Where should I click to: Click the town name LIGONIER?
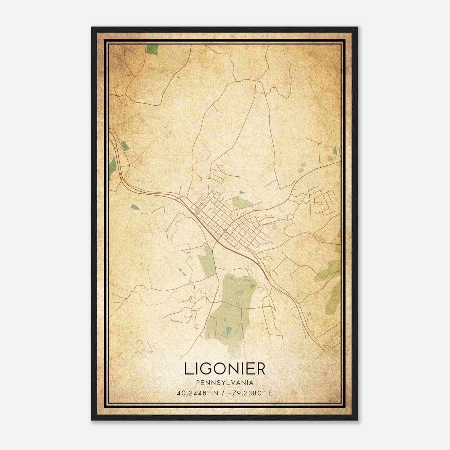tap(225, 369)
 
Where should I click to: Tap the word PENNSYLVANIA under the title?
tap(225, 383)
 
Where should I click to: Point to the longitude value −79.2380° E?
tap(249, 393)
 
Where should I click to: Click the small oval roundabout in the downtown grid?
tap(225, 231)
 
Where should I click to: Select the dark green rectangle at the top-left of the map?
tap(152, 49)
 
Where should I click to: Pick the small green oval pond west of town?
tap(135, 208)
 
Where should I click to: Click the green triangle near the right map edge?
tap(335, 150)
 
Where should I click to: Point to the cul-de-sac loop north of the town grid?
tap(238, 177)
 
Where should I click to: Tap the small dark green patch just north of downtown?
tap(242, 193)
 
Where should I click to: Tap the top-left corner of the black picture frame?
tap(92, 28)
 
